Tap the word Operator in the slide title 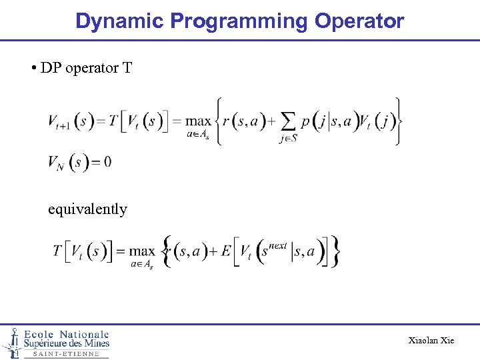click(x=359, y=21)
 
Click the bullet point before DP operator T click(x=33, y=69)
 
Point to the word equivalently click(x=87, y=209)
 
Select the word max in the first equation click(x=198, y=121)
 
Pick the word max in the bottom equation click(x=141, y=251)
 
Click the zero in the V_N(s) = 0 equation click(x=107, y=162)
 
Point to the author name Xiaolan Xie click(x=431, y=341)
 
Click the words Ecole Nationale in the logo click(x=67, y=334)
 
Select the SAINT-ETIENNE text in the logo click(x=66, y=354)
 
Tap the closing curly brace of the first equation click(x=398, y=121)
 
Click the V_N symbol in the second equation click(x=55, y=163)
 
